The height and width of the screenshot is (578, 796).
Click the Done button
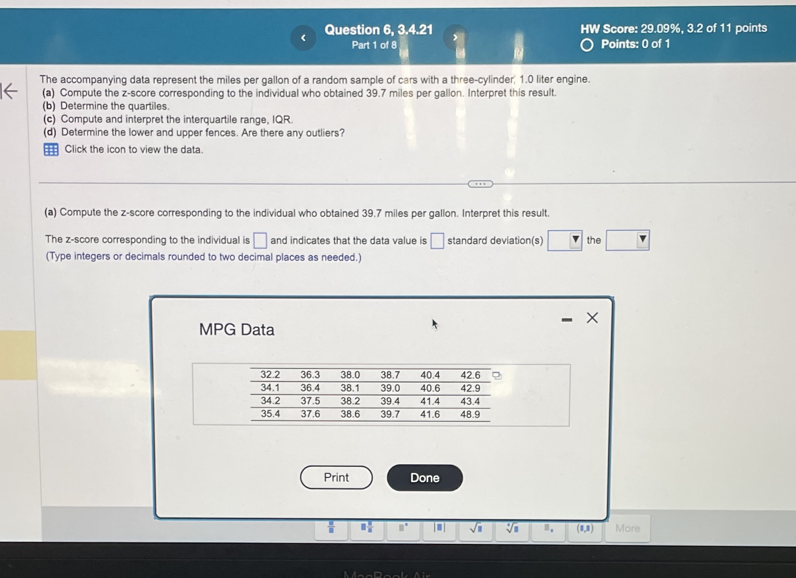425,478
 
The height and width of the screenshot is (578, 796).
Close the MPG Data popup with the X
592,318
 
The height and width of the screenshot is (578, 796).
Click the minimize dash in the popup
567,320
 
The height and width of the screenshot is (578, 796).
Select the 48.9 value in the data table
470,414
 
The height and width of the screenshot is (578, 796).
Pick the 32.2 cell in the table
270,375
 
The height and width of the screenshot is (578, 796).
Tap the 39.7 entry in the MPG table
390,414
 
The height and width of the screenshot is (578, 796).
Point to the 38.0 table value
350,375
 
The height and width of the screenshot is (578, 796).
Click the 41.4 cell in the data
430,401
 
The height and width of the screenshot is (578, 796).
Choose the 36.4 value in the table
310,388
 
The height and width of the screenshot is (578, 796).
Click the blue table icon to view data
51,149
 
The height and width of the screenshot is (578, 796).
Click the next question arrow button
455,38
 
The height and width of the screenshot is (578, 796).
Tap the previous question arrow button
303,38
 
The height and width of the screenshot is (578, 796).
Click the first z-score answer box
260,240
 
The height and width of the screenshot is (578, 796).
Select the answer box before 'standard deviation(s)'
437,240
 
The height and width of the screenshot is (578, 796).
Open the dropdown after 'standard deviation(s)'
565,240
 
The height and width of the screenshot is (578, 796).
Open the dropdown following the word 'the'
627,240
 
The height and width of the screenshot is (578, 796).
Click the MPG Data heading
237,329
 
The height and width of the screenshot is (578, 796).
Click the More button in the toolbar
627,528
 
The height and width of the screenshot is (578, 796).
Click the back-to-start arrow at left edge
9,91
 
